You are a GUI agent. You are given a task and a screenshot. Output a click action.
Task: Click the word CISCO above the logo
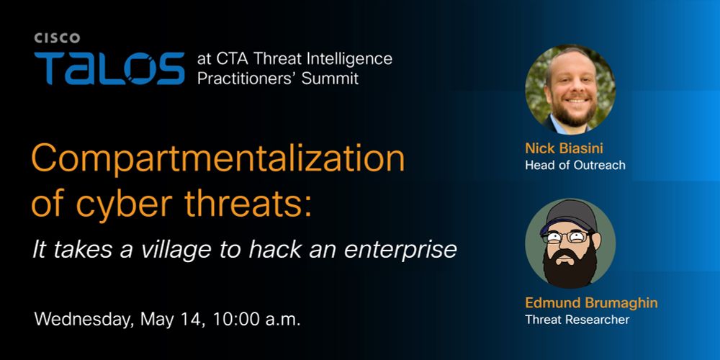pyautogui.click(x=57, y=39)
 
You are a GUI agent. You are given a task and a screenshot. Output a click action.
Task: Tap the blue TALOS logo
pyautogui.click(x=109, y=68)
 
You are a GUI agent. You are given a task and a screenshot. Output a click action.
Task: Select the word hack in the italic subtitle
pyautogui.click(x=274, y=250)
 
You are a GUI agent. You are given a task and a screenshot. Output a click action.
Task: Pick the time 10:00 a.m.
pyautogui.click(x=257, y=320)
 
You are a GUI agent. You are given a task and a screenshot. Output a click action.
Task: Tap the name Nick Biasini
pyautogui.click(x=564, y=149)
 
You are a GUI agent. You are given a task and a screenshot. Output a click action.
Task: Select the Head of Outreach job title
pyautogui.click(x=575, y=166)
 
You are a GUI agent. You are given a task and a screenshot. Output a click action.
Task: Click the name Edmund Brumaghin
pyautogui.click(x=591, y=303)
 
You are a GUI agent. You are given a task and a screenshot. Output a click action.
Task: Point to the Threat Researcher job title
pyautogui.click(x=577, y=320)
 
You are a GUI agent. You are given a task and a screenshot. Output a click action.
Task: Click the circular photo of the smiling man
pyautogui.click(x=570, y=89)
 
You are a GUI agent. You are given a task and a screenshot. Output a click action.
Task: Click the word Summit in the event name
pyautogui.click(x=330, y=78)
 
